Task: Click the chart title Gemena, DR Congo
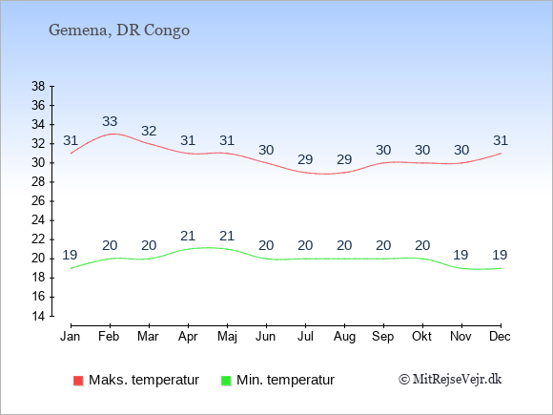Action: coord(119,31)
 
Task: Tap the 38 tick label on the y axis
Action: coord(38,86)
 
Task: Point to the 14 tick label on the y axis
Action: coord(38,316)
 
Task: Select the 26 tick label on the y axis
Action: coord(38,201)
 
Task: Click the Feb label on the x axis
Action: coord(109,337)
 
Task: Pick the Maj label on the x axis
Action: coord(227,337)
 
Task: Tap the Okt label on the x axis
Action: coord(421,337)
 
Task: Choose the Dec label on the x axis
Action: coord(501,337)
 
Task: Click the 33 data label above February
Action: coord(110,121)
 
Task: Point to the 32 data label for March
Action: coord(149,131)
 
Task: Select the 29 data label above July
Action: coord(305,159)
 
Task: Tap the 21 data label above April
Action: coord(188,236)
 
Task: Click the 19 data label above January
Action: coord(70,255)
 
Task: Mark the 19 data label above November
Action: coord(461,255)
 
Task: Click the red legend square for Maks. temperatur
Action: coord(78,381)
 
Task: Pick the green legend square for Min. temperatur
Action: coord(226,381)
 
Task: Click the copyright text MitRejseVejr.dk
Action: coord(450,380)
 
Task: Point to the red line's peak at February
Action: coord(113,134)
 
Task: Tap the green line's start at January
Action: coord(71,268)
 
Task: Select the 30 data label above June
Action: coord(266,150)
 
